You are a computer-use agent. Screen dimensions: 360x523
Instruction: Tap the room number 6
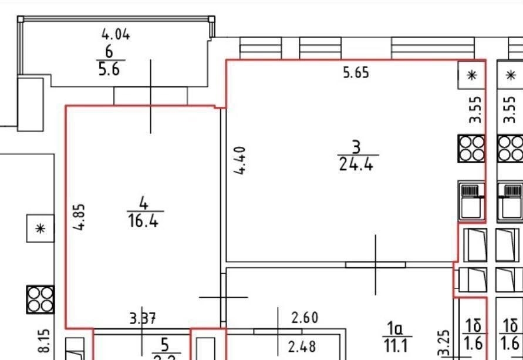point(109,51)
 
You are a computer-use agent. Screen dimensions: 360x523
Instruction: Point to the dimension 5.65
point(356,74)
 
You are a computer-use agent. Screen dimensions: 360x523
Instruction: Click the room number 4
point(144,203)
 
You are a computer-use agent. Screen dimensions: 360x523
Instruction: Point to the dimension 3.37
point(143,319)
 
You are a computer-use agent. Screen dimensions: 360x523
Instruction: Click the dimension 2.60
point(305,318)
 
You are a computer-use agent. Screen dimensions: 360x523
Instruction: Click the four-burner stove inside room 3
point(471,148)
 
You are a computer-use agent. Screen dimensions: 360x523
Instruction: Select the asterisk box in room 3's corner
point(471,75)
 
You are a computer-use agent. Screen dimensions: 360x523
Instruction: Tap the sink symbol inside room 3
point(471,198)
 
